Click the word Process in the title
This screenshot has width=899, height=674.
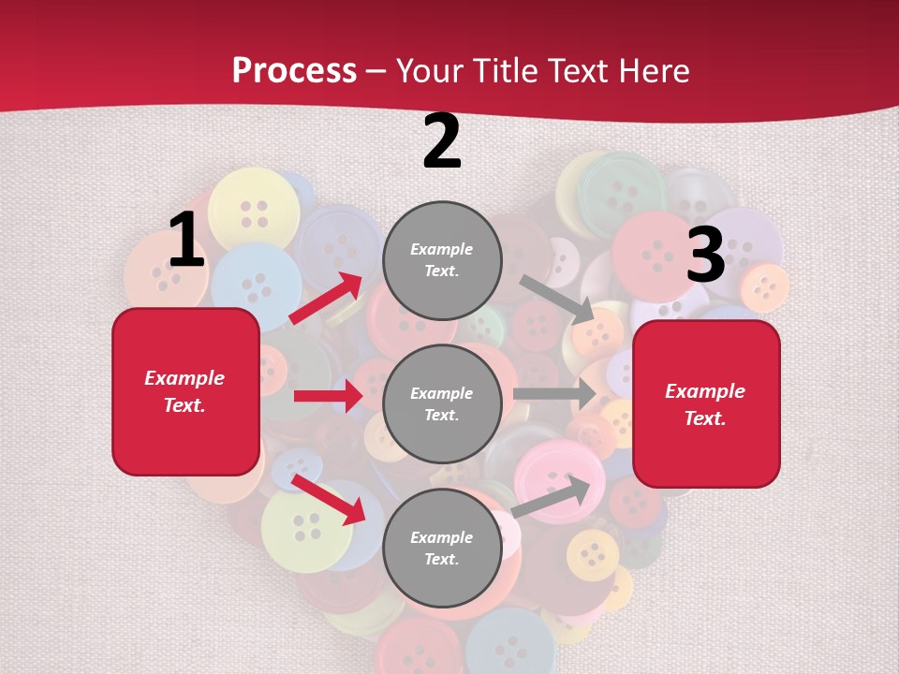click(x=294, y=70)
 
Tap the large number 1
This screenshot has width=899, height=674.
click(x=186, y=240)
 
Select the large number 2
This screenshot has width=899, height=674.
click(x=442, y=141)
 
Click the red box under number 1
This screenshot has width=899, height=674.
click(x=185, y=391)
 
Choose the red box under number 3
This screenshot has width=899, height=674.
click(x=706, y=403)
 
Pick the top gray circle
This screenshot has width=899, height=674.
click(x=442, y=260)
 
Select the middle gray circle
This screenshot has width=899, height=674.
click(x=442, y=403)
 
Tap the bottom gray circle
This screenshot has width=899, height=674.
click(x=442, y=548)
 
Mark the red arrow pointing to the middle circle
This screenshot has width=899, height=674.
click(x=328, y=396)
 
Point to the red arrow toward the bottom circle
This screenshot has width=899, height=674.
click(x=328, y=498)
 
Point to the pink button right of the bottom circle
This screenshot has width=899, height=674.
click(x=558, y=478)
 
